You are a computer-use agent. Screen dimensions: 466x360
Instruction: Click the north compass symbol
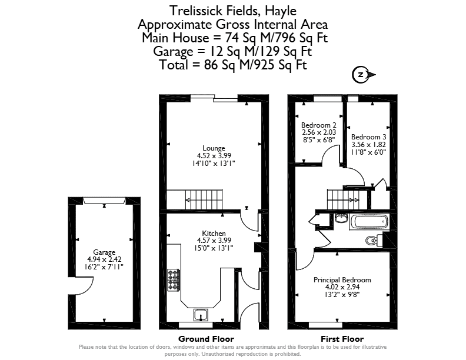pyautogui.click(x=363, y=75)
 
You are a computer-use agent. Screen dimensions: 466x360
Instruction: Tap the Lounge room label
pyautogui.click(x=214, y=148)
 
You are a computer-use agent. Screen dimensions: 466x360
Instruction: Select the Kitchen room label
pyautogui.click(x=214, y=233)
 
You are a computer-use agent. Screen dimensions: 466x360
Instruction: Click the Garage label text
pyautogui.click(x=104, y=252)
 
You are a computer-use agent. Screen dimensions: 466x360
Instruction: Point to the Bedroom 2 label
pyautogui.click(x=318, y=125)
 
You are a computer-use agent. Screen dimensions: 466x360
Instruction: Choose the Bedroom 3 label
pyautogui.click(x=368, y=137)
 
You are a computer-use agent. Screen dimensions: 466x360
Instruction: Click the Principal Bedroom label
pyautogui.click(x=342, y=280)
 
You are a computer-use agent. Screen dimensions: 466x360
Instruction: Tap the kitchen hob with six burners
pyautogui.click(x=173, y=280)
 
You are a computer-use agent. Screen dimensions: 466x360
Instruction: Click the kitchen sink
pyautogui.click(x=201, y=315)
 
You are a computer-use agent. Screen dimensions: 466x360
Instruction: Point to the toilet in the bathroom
pyautogui.click(x=374, y=241)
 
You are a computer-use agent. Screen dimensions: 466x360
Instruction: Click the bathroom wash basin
pyautogui.click(x=341, y=218)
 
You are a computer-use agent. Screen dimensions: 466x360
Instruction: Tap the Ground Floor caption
pyautogui.click(x=206, y=339)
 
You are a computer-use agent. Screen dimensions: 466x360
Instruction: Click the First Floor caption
pyautogui.click(x=342, y=339)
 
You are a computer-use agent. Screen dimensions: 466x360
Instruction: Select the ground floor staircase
pyautogui.click(x=194, y=199)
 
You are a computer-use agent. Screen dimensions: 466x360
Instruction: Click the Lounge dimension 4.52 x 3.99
pyautogui.click(x=214, y=155)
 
